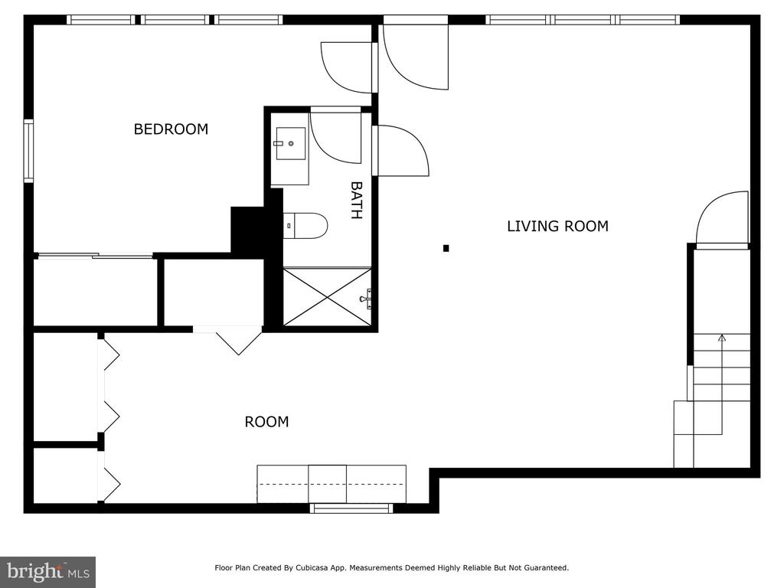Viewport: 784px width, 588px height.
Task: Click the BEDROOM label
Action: (x=171, y=129)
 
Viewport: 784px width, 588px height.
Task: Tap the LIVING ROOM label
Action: (x=557, y=226)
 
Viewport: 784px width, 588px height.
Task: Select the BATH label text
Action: (x=356, y=200)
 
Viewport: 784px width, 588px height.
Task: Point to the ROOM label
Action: (x=266, y=422)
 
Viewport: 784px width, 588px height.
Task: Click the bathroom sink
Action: (x=290, y=143)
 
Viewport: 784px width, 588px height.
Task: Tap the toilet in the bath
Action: (x=305, y=226)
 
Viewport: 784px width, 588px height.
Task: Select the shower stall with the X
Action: (x=328, y=297)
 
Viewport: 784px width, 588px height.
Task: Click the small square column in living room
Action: (x=446, y=248)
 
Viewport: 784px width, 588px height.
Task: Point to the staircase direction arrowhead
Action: (x=721, y=338)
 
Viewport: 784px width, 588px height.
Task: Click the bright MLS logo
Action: (x=48, y=572)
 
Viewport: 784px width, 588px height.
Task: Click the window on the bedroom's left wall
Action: (x=28, y=151)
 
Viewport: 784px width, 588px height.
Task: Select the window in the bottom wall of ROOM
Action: (x=351, y=508)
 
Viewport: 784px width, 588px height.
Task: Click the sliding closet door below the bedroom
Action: (x=96, y=256)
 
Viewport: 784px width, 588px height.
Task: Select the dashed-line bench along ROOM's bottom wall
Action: (x=332, y=484)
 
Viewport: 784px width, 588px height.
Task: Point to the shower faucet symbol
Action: (x=367, y=299)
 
